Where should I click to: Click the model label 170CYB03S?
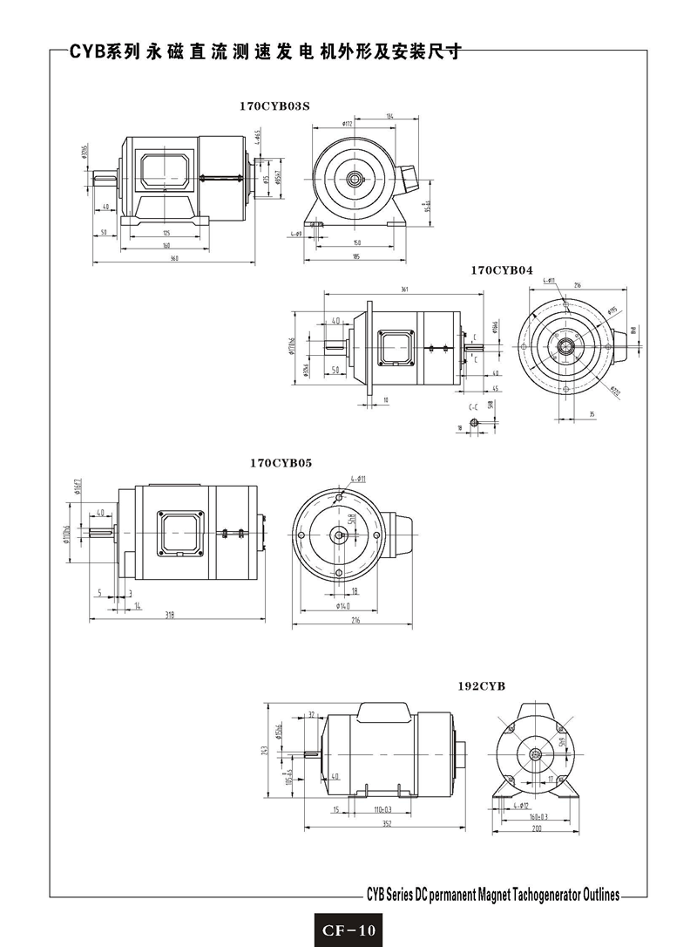coord(274,106)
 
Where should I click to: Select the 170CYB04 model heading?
coord(501,270)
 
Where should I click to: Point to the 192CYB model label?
coord(482,685)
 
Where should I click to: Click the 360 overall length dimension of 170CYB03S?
coord(174,259)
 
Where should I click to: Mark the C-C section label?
coord(474,406)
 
